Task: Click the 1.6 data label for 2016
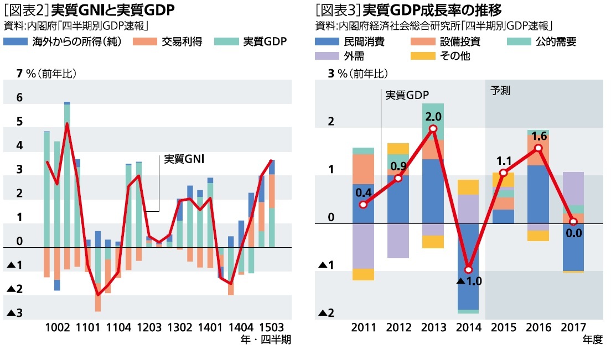tap(538, 136)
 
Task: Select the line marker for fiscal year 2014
tap(468, 269)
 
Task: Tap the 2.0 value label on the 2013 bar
tap(433, 117)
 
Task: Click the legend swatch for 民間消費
tap(327, 41)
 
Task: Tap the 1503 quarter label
tap(271, 327)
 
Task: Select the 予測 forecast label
tap(500, 91)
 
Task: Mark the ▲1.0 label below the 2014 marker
tap(469, 281)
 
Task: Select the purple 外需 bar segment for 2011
tap(363, 246)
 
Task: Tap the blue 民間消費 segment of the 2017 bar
tap(573, 247)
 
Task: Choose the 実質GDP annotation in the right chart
tap(407, 95)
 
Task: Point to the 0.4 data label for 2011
tap(363, 192)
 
